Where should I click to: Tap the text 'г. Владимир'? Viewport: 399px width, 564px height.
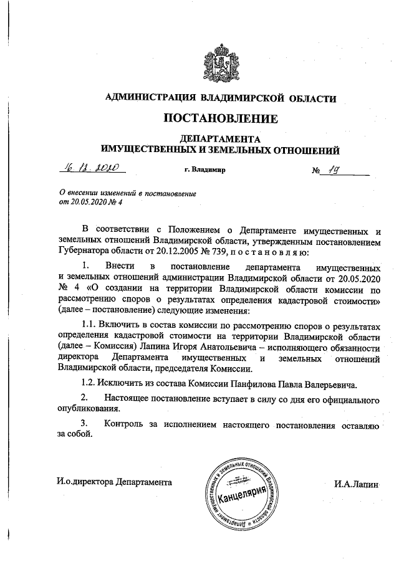click(205, 169)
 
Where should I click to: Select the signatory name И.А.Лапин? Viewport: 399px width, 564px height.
click(356, 483)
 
